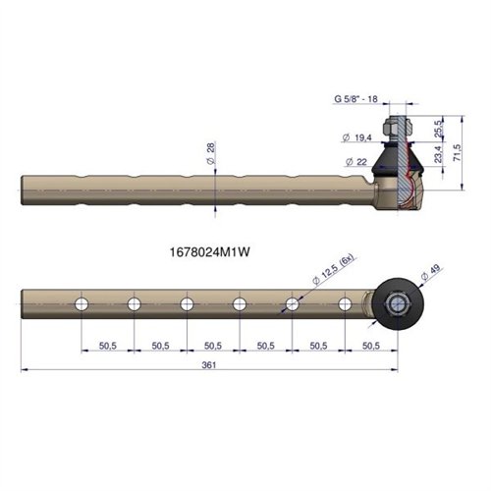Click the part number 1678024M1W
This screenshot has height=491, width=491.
click(x=210, y=252)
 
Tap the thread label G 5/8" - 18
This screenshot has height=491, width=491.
click(x=355, y=99)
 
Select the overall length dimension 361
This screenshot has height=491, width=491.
click(x=209, y=365)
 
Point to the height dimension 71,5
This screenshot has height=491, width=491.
click(x=458, y=152)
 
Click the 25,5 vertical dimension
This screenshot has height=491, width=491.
click(x=438, y=129)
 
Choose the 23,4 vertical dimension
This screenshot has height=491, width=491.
click(x=438, y=154)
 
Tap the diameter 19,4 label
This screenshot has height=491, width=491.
click(x=357, y=137)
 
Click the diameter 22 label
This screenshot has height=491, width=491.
click(x=356, y=162)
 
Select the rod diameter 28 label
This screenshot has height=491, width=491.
click(x=211, y=153)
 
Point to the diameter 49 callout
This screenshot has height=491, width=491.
click(x=431, y=273)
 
